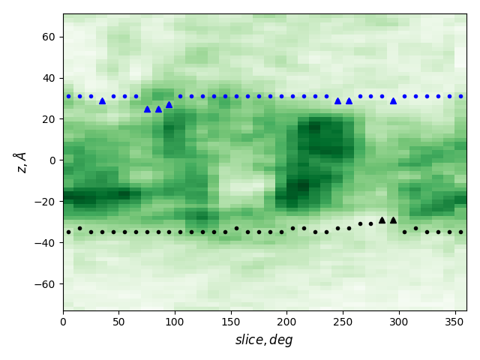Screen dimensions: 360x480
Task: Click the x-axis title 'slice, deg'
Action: click(x=264, y=340)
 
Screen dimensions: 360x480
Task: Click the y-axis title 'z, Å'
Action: click(x=20, y=161)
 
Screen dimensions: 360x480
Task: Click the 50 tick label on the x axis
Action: click(x=119, y=322)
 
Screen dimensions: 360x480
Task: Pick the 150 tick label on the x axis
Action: click(x=231, y=322)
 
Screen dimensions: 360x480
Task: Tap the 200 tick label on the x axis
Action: click(x=287, y=322)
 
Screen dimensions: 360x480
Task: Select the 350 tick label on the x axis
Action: click(x=455, y=322)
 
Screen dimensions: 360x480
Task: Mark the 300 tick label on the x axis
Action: click(x=399, y=322)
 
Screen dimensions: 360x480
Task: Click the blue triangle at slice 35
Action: click(x=102, y=100)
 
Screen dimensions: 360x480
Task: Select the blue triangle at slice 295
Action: click(x=393, y=100)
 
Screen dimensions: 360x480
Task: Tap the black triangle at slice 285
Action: click(x=382, y=220)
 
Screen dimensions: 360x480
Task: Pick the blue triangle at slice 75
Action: click(x=147, y=109)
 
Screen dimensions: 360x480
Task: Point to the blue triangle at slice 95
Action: click(x=169, y=104)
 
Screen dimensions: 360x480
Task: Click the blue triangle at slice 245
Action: click(x=337, y=100)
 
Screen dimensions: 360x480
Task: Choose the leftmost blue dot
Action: click(x=68, y=96)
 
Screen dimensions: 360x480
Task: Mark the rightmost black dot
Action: click(x=460, y=232)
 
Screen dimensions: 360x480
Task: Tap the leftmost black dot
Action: click(x=68, y=232)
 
